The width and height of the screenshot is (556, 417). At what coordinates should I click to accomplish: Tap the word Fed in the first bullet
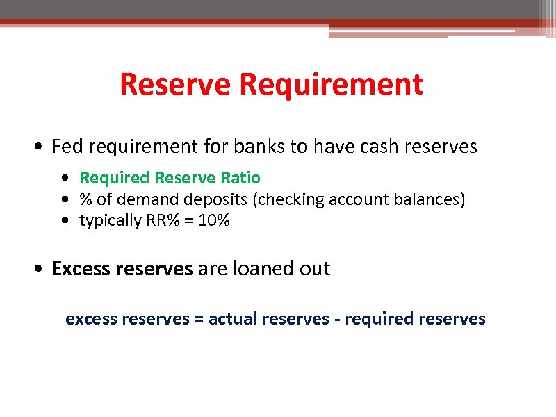pyautogui.click(x=67, y=147)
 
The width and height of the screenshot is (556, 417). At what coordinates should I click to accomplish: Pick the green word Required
pyautogui.click(x=115, y=178)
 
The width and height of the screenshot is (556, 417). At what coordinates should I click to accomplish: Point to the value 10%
pyautogui.click(x=215, y=221)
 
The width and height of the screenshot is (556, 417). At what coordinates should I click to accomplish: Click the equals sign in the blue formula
pyautogui.click(x=199, y=319)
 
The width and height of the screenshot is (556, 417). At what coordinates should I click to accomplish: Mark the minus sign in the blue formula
pyautogui.click(x=337, y=320)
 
